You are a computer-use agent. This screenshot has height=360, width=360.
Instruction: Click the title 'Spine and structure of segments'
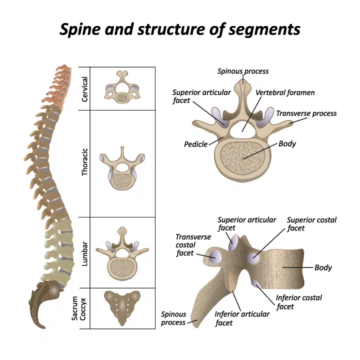click(180, 29)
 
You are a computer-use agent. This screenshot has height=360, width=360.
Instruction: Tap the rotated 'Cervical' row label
click(85, 89)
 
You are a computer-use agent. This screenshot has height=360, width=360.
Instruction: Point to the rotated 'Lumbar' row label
click(85, 253)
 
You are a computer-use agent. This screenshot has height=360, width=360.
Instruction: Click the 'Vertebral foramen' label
click(285, 93)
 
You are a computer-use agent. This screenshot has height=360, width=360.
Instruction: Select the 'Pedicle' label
click(195, 144)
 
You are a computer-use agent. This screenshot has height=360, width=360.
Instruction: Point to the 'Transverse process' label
click(306, 113)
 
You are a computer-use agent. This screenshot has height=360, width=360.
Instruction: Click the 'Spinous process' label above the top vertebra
click(243, 71)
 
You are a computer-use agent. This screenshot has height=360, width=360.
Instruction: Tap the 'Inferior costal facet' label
click(299, 302)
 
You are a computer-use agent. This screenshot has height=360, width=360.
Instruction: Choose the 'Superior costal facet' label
click(311, 224)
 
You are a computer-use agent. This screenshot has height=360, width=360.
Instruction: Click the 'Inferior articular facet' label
click(242, 318)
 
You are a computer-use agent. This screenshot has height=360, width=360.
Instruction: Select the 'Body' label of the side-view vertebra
click(323, 267)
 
